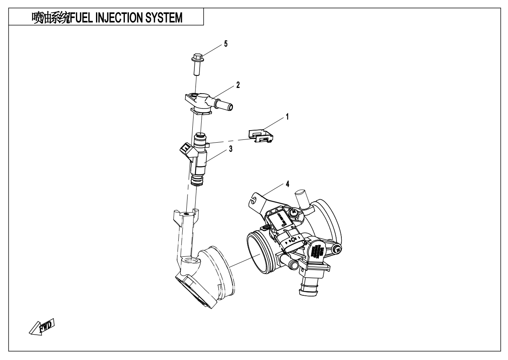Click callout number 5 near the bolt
tap(225, 44)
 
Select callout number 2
tap(238, 86)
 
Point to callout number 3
tap(231, 149)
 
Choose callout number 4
tap(287, 184)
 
